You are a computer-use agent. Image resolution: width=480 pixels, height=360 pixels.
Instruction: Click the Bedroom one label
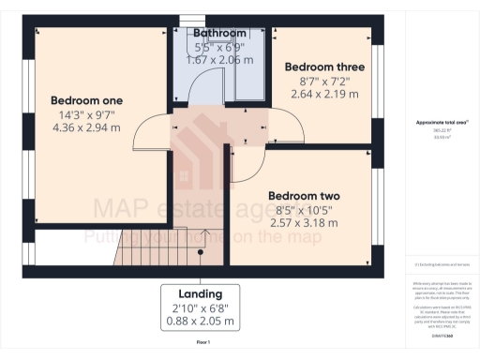coord(86,100)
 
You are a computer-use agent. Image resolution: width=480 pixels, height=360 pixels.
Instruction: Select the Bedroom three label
coord(324,67)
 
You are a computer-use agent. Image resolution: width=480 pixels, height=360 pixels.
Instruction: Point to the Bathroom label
coord(219,34)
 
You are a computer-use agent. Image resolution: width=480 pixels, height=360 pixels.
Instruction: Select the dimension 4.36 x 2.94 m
coord(86,127)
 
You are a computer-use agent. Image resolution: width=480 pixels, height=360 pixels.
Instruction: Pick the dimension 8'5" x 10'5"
coord(302,210)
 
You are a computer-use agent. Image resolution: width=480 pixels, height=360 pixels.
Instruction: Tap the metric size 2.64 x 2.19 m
coord(324,95)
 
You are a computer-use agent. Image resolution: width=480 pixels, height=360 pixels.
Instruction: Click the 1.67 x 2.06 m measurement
coord(219,59)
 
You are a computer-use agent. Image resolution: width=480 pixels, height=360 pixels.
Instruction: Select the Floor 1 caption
coord(202,344)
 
